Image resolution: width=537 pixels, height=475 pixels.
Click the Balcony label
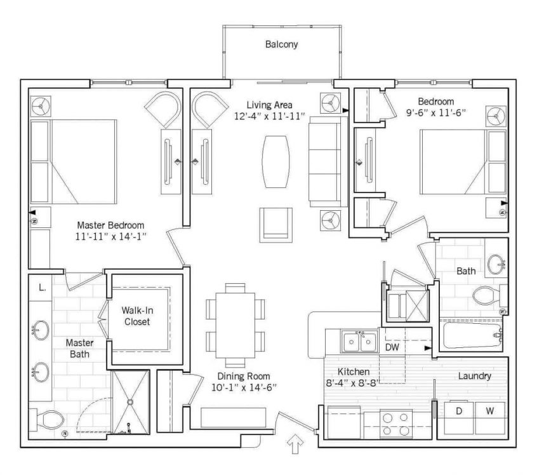[x=282, y=44]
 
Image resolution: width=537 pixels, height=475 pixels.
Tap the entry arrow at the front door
[x=295, y=444]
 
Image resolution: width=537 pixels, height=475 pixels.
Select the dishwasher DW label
[x=392, y=347]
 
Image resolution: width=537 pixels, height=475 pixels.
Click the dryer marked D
[x=459, y=418]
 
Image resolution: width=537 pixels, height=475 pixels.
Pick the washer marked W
[x=490, y=418]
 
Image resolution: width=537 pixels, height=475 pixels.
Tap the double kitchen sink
[x=360, y=342]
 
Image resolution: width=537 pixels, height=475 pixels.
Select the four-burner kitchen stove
[x=396, y=424]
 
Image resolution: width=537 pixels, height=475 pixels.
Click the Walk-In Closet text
[x=137, y=316]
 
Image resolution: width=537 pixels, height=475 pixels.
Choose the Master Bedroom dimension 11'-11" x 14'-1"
[x=111, y=236]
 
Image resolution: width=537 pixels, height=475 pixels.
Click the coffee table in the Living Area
[x=275, y=161]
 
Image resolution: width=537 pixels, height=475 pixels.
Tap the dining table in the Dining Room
[x=235, y=325]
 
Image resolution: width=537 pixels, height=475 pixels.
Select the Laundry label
[x=475, y=376]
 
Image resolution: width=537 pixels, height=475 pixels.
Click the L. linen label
[x=42, y=288]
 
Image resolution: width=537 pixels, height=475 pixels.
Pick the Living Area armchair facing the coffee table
[x=275, y=224]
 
